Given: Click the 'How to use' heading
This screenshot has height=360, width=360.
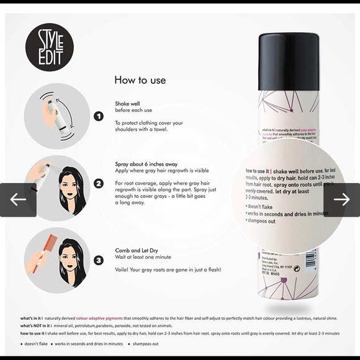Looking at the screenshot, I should pyautogui.click(x=140, y=80).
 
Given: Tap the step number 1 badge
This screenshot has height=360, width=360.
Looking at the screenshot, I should pyautogui.click(x=98, y=116).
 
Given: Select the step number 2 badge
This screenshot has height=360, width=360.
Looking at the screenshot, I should pyautogui.click(x=98, y=184).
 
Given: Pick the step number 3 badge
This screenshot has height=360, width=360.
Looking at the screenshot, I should pyautogui.click(x=98, y=260).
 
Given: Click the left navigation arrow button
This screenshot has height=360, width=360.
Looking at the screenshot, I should pyautogui.click(x=18, y=199).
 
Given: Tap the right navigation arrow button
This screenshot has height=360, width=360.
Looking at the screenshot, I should pyautogui.click(x=341, y=199).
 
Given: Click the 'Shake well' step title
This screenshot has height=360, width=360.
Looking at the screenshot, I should pyautogui.click(x=129, y=104).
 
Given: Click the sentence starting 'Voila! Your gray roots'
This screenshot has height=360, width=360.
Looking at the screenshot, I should pyautogui.click(x=168, y=270).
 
